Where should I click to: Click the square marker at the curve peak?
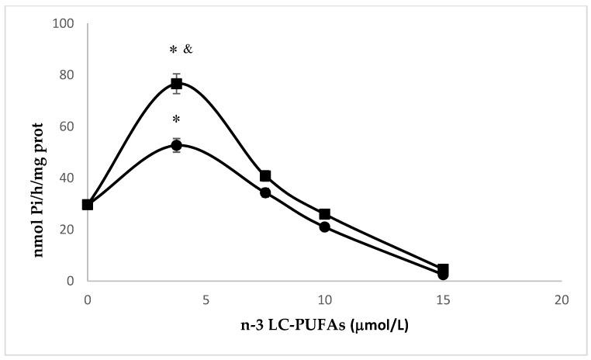pos(177,83)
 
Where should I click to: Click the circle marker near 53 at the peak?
pos(177,145)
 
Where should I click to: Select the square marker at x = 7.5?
pos(265,176)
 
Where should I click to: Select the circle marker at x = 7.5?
pos(265,192)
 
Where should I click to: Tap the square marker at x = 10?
pos(324,214)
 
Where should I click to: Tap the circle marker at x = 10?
pos(324,227)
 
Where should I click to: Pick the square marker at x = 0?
pos(88,205)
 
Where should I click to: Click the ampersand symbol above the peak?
pos(187,50)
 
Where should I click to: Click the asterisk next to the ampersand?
pos(173,51)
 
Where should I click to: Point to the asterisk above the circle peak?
pos(177,120)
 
